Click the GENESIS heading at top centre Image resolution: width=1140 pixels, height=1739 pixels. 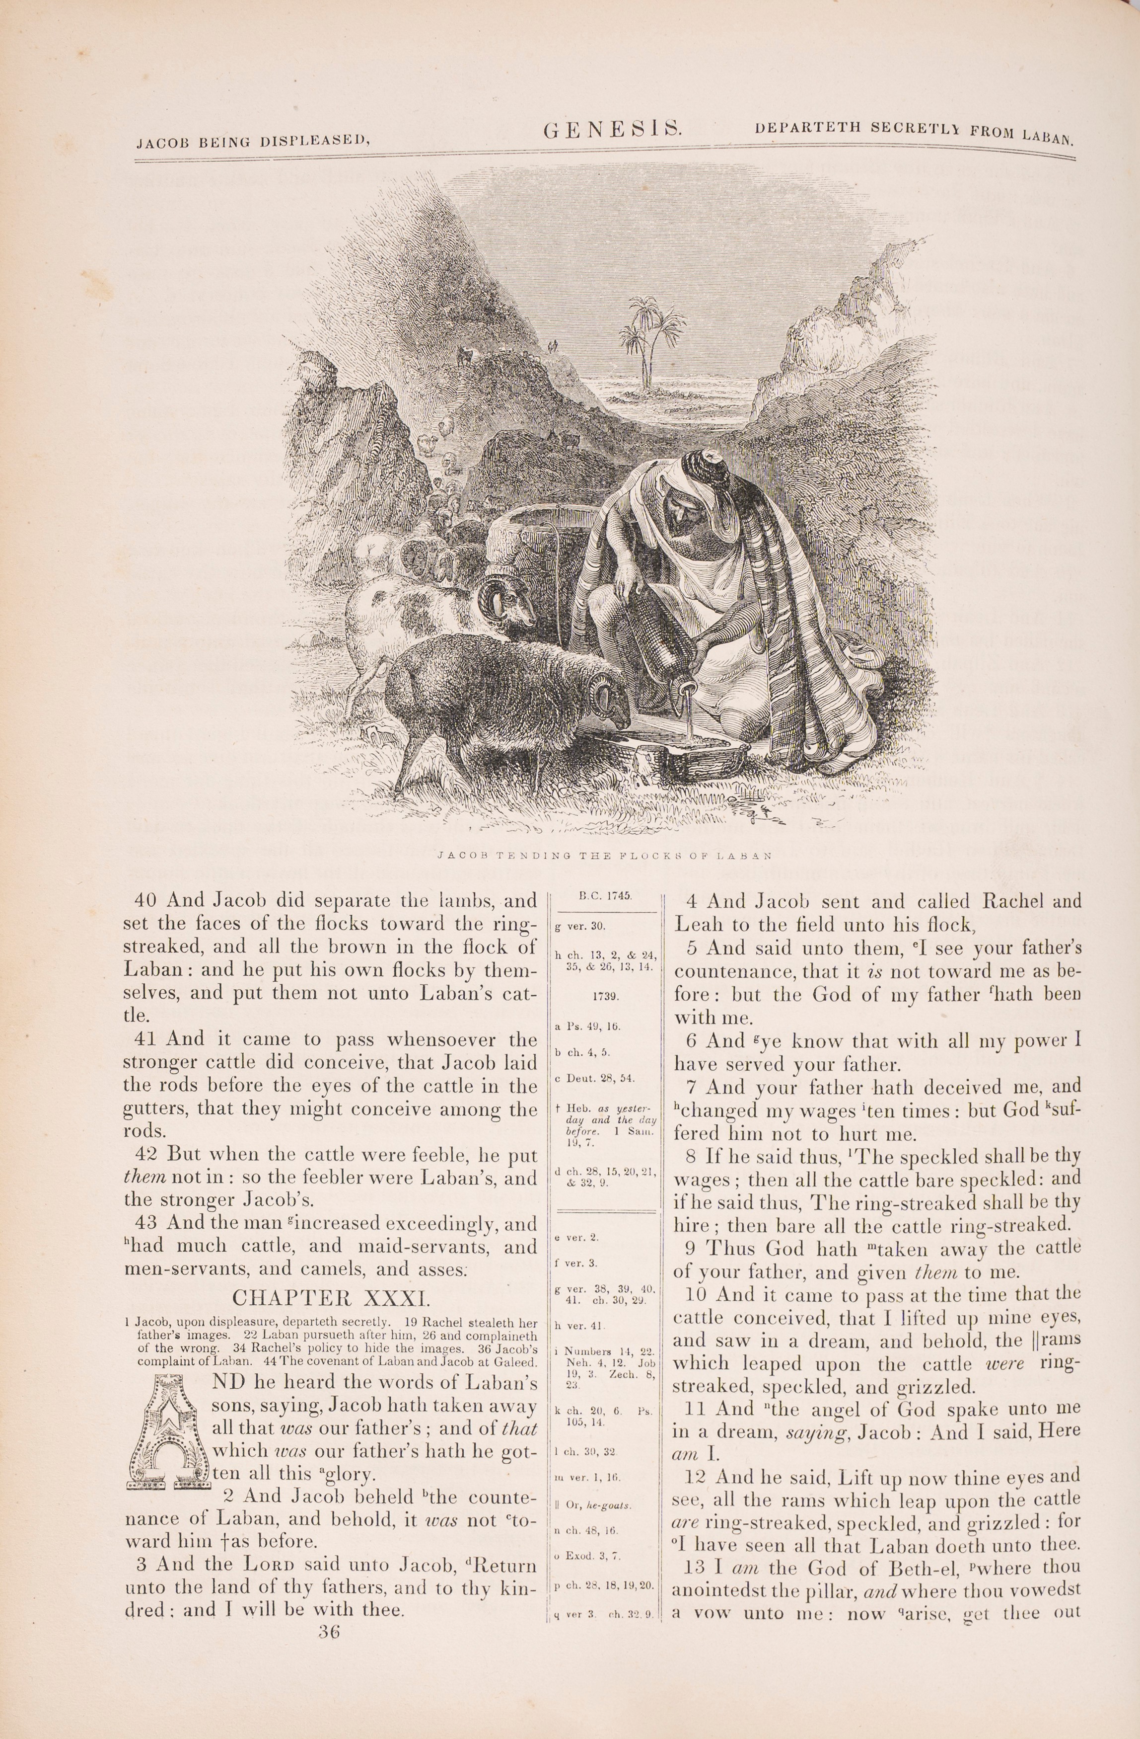pyautogui.click(x=613, y=130)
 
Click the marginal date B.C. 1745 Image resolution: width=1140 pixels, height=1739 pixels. pyautogui.click(x=605, y=896)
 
